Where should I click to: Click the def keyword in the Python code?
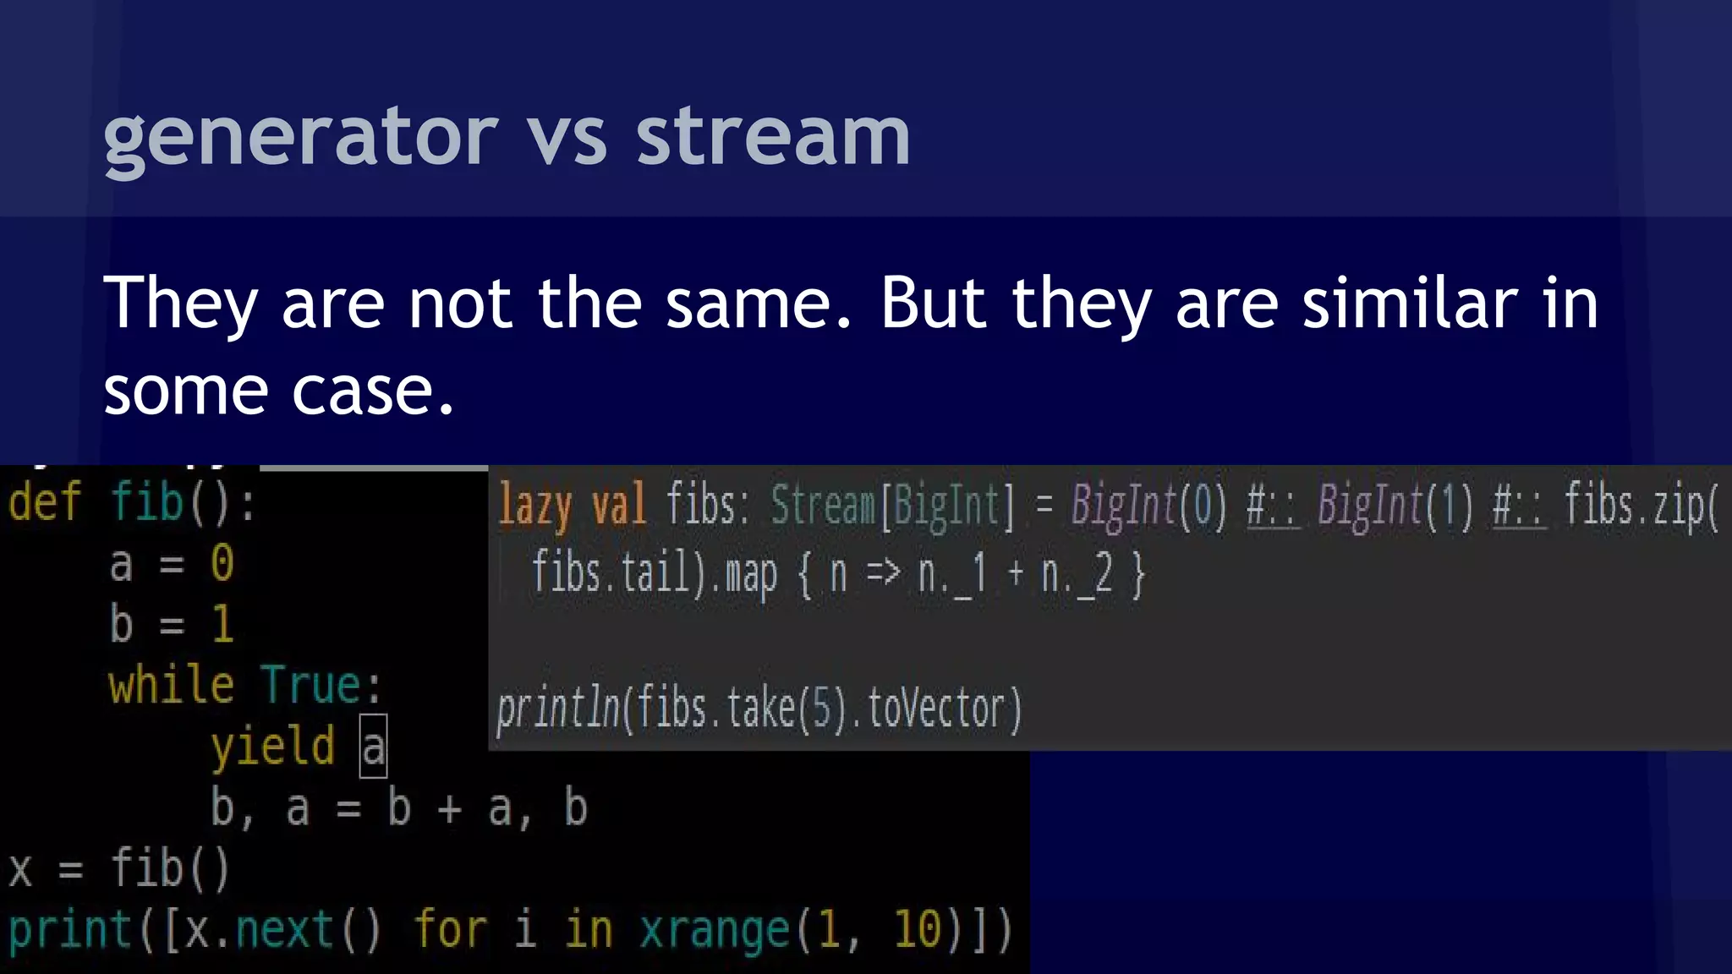pyautogui.click(x=44, y=502)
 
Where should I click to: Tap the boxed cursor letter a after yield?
pyautogui.click(x=373, y=747)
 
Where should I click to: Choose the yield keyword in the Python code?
pyautogui.click(x=272, y=747)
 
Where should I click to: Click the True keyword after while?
pyautogui.click(x=311, y=685)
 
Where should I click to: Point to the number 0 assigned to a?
pyautogui.click(x=222, y=563)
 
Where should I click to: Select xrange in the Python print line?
pyautogui.click(x=714, y=930)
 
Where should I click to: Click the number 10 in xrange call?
pyautogui.click(x=917, y=930)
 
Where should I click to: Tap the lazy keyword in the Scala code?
pyautogui.click(x=534, y=506)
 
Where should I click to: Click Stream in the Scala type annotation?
pyautogui.click(x=822, y=506)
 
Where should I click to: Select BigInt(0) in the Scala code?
pyautogui.click(x=1148, y=506)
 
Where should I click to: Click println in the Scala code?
pyautogui.click(x=558, y=709)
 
